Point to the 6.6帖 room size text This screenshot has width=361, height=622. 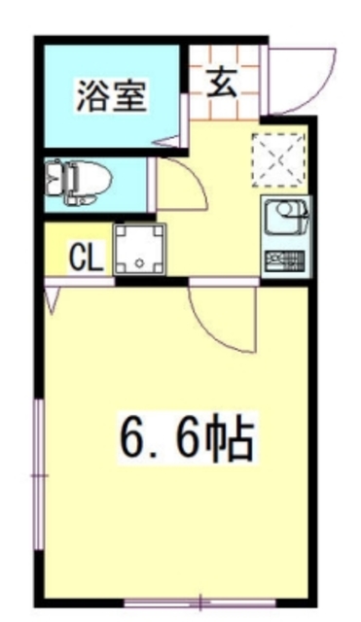(185, 439)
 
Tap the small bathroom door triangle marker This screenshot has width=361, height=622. (173, 144)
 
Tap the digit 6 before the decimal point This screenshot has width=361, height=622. (134, 439)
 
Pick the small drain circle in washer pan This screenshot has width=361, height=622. (140, 261)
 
